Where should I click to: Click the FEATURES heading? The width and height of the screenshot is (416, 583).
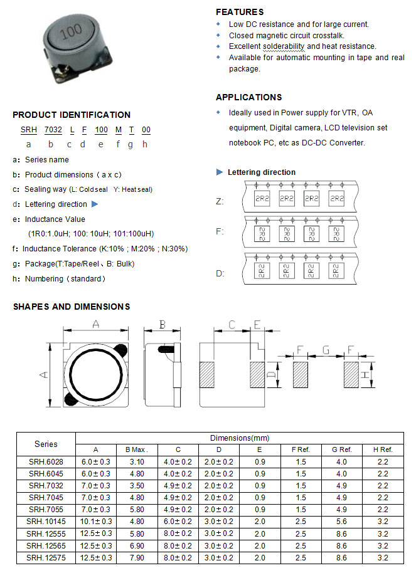coord(239,12)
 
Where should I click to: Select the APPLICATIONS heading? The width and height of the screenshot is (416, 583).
coord(248,97)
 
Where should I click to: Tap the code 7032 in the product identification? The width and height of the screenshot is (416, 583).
coord(53,130)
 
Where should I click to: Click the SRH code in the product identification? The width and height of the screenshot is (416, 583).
coord(28,130)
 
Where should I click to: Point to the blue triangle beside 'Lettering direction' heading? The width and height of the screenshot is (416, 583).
coord(220,172)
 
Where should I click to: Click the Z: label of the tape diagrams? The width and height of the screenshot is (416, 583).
coord(220,201)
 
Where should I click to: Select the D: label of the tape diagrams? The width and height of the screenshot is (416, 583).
coord(220,273)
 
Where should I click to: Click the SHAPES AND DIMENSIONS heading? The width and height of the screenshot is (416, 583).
coord(72,307)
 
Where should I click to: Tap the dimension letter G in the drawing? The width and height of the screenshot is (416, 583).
coord(325,349)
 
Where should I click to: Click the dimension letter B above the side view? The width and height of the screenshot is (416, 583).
coord(162,324)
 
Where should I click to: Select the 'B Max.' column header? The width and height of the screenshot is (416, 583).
coord(137,449)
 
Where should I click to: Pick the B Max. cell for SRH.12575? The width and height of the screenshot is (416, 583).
coord(137,558)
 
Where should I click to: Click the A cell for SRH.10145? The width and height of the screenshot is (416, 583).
coord(96,522)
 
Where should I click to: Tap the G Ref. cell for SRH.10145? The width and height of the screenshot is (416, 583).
coord(341,522)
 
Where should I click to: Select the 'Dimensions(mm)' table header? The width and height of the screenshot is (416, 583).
coord(239,438)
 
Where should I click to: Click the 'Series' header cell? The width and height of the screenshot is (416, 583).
coord(46,444)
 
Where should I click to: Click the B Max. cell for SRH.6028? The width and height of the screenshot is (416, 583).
coord(137,462)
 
